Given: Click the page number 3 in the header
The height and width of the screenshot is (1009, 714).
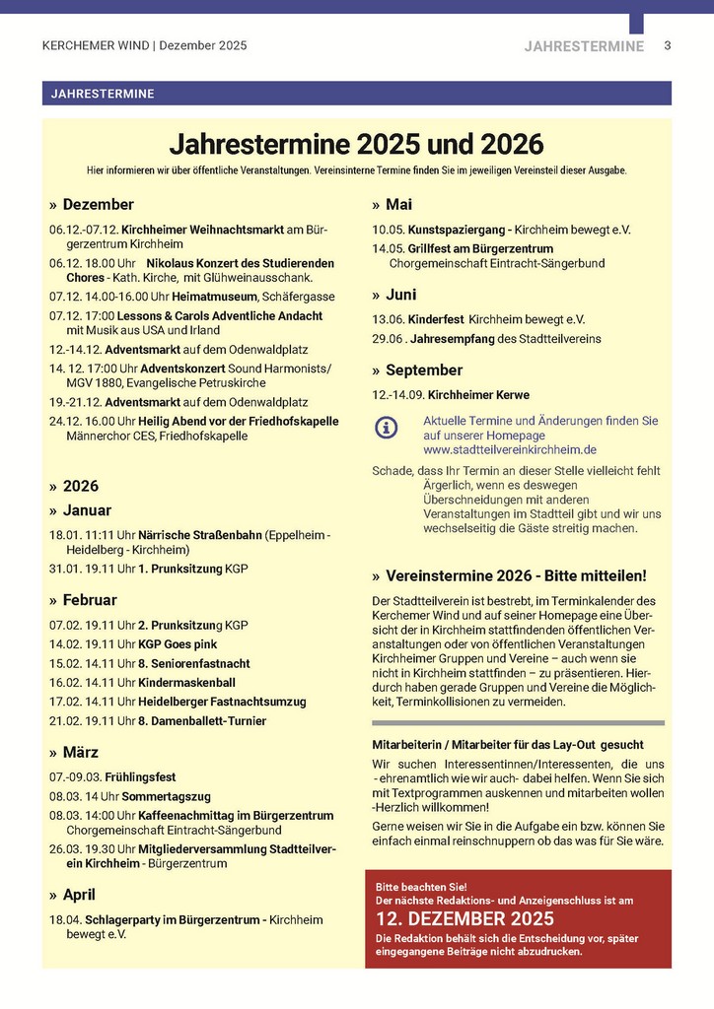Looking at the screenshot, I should (x=668, y=46).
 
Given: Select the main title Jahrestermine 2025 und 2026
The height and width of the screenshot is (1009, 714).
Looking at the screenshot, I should (x=356, y=145).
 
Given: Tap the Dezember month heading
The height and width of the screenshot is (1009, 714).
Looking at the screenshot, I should (x=98, y=205).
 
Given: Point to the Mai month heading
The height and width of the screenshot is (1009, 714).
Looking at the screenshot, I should (x=398, y=205).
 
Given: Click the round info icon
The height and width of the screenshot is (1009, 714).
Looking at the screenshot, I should (x=388, y=428).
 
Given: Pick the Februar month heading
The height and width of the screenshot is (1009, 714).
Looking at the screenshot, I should (x=90, y=599).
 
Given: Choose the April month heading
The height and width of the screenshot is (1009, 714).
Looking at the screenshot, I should (x=79, y=895).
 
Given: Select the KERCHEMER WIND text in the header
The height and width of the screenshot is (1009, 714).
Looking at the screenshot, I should (x=96, y=46).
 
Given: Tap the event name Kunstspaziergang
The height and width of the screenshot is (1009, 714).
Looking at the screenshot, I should (x=452, y=230).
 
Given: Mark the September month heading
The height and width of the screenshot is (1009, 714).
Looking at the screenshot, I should (x=424, y=370).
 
